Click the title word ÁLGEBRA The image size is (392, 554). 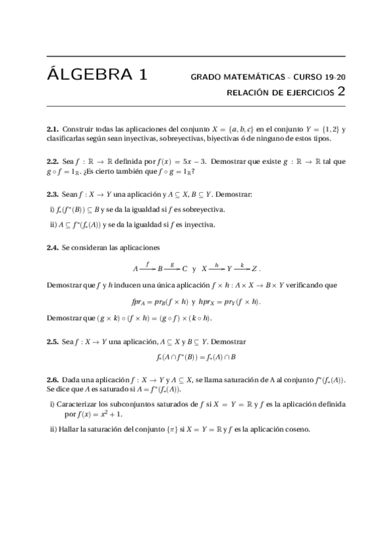point(88,74)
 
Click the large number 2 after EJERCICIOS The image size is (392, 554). point(341,92)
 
